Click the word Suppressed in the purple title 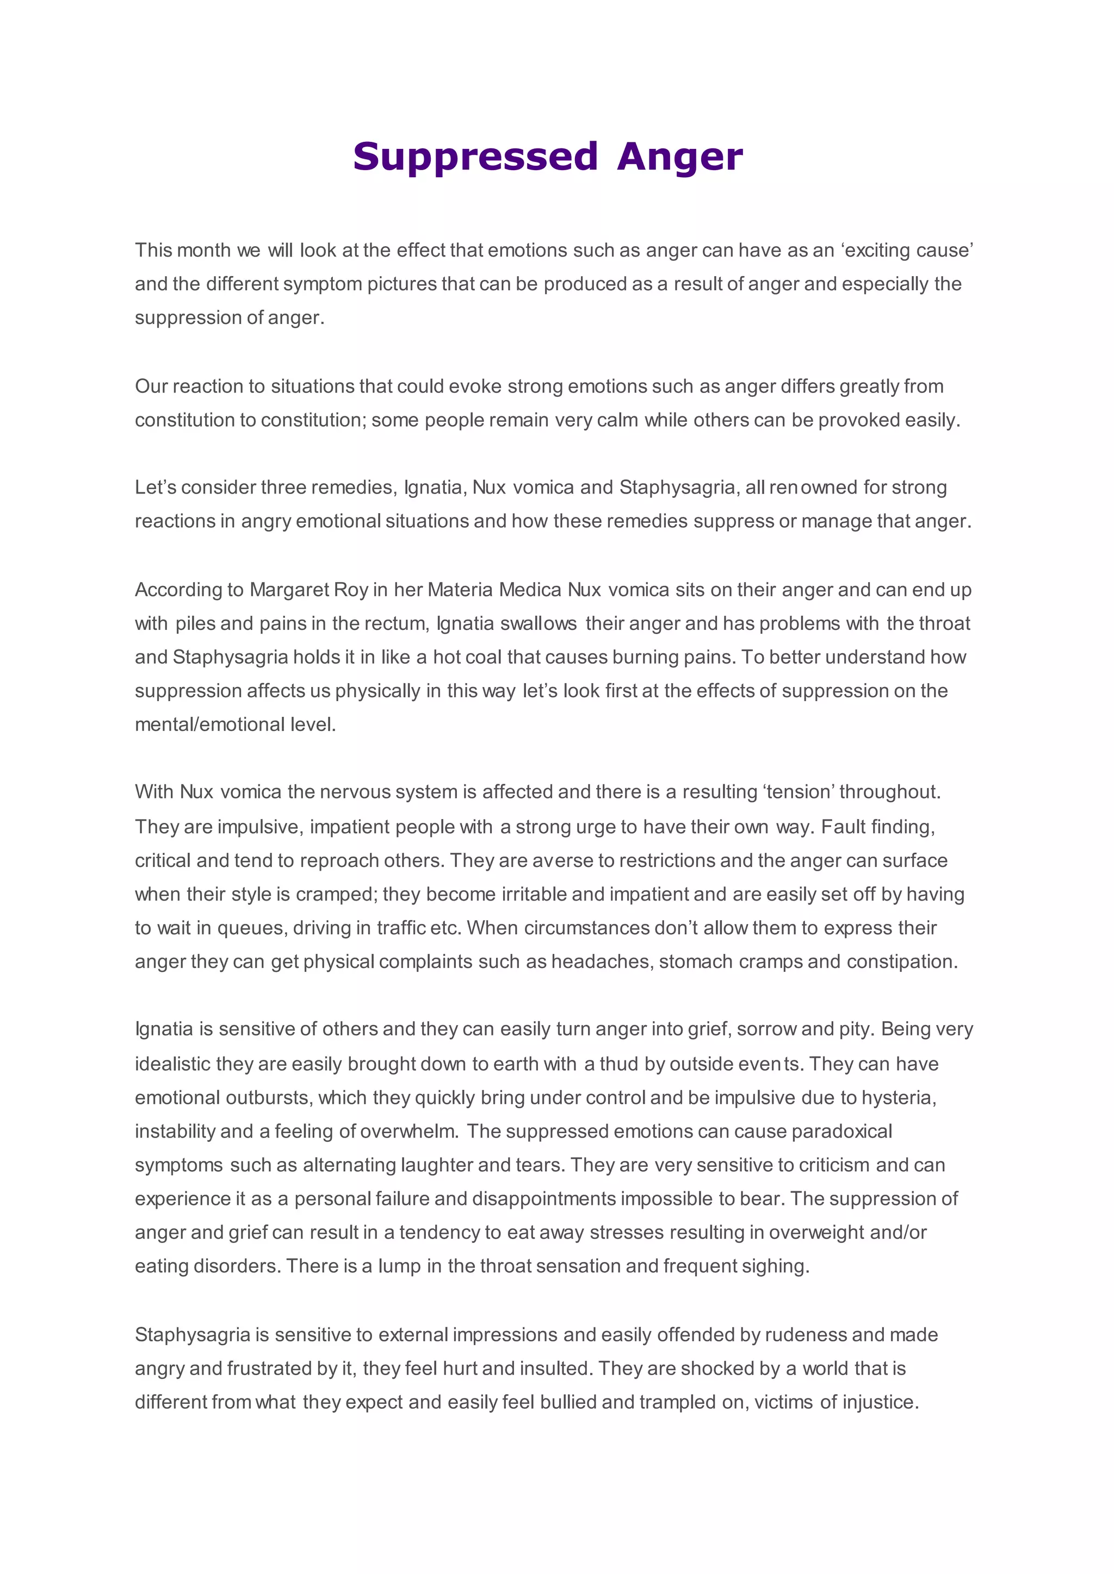pyautogui.click(x=475, y=157)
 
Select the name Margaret pyautogui.click(x=288, y=590)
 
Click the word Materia pyautogui.click(x=460, y=590)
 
